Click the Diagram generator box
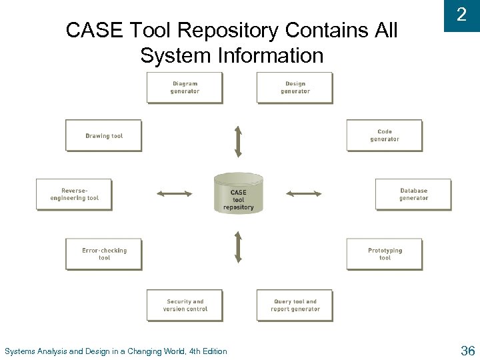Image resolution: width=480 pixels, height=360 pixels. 185,87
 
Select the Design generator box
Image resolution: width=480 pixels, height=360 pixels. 295,87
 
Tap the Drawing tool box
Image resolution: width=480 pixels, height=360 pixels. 103,135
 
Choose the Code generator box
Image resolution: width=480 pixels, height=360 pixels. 385,135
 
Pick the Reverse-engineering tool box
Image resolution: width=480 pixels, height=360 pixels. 74,194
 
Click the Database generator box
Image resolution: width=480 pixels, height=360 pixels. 413,194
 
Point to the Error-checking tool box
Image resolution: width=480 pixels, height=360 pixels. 103,254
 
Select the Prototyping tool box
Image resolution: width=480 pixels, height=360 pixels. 385,254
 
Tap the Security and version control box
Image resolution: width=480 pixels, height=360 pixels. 185,305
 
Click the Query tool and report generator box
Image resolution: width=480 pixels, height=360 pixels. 295,305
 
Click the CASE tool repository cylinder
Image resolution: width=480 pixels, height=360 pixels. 239,193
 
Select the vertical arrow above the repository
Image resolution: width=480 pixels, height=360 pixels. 238,140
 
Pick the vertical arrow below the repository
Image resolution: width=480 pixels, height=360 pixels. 238,247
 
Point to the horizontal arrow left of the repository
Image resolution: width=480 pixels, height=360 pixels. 174,194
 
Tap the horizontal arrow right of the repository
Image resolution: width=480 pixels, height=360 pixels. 303,194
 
